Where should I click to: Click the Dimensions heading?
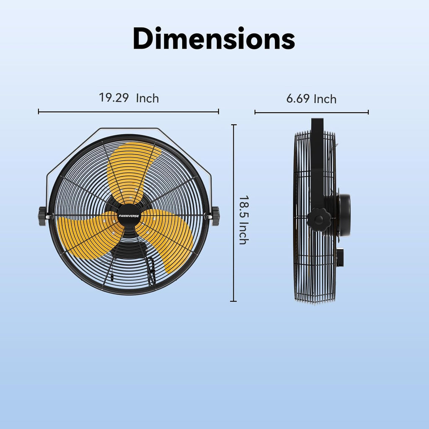point(214,39)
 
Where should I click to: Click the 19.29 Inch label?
point(129,98)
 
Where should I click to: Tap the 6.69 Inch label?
point(311,99)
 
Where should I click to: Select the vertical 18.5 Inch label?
point(243,220)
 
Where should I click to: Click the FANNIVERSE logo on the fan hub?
point(129,206)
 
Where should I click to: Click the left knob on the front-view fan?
point(42,216)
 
